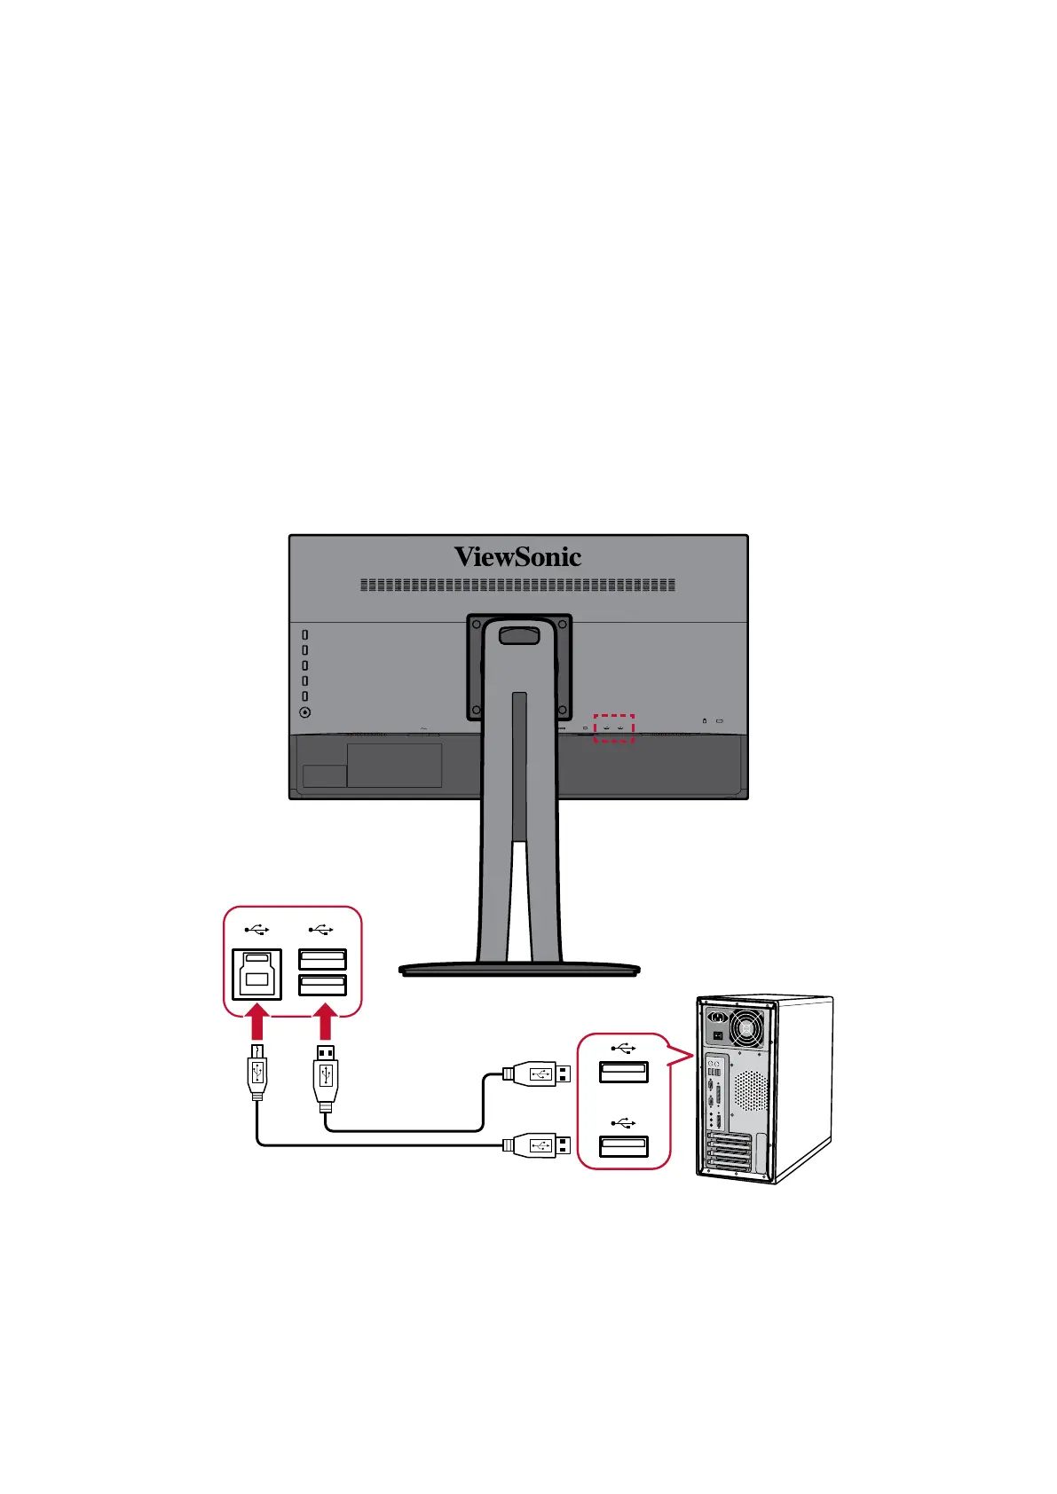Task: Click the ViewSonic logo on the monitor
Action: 517,557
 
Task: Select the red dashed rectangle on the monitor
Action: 613,728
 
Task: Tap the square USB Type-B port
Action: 256,974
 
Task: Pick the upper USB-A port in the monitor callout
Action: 322,960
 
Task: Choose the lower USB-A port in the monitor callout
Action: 322,985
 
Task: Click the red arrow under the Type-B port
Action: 256,1022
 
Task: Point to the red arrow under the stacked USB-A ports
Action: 325,1022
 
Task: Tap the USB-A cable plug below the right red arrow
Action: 326,1075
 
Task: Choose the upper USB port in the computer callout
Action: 623,1072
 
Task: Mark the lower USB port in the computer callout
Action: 623,1145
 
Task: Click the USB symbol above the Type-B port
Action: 256,930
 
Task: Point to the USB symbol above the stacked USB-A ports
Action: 321,930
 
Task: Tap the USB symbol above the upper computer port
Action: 623,1049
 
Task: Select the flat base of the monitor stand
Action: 519,970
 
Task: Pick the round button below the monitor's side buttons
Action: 305,712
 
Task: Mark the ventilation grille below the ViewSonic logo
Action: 517,586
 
